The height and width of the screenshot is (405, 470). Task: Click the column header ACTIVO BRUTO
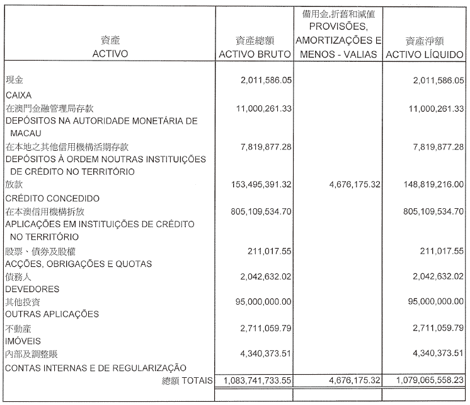click(x=255, y=54)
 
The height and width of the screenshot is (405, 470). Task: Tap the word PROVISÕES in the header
click(x=339, y=28)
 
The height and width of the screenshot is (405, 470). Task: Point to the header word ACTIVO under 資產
click(x=110, y=54)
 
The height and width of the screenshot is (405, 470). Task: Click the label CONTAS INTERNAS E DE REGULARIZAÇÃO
click(x=95, y=367)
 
